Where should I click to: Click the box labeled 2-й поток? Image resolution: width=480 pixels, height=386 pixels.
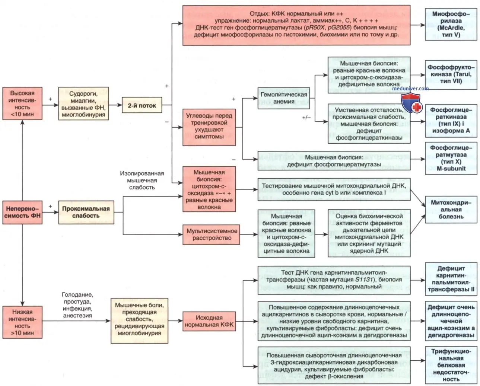[x=142, y=105]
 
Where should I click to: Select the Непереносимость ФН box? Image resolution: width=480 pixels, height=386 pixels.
[x=22, y=212]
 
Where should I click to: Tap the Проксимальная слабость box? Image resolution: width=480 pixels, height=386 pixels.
[x=86, y=212]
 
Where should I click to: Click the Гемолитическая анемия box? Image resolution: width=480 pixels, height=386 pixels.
[x=283, y=98]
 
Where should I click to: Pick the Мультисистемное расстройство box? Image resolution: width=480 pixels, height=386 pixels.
[x=211, y=235]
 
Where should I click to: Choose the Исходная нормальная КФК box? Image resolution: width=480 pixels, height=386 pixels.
[x=209, y=321]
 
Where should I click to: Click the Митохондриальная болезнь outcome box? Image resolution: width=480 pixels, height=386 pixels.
[x=451, y=210]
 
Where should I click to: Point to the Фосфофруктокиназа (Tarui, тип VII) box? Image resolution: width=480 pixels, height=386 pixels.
[x=451, y=75]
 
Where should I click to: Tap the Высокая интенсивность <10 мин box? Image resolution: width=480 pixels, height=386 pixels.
[x=22, y=103]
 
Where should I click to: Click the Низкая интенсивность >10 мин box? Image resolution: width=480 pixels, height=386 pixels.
[x=22, y=322]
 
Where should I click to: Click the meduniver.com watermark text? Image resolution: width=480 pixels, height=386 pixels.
[x=410, y=88]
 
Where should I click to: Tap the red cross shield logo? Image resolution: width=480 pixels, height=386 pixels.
[x=411, y=103]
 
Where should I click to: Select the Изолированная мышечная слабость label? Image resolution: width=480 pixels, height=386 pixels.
[x=142, y=181]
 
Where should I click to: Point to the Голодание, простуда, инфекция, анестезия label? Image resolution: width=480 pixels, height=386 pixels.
[x=77, y=305]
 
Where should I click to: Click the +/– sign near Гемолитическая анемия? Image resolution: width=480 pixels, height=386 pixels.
[x=306, y=118]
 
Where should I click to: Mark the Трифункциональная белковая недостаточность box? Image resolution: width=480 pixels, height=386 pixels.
[x=451, y=365]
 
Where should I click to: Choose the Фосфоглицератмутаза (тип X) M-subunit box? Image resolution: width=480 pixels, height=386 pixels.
[x=451, y=158]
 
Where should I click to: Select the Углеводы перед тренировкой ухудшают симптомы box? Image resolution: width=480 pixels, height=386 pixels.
[x=209, y=127]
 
